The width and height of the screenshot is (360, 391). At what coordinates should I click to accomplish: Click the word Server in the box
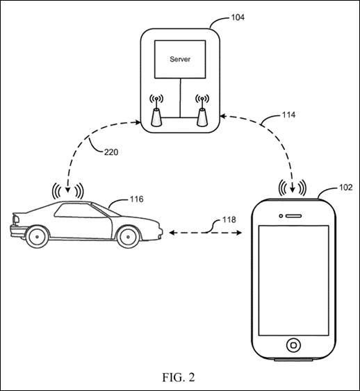pyautogui.click(x=180, y=59)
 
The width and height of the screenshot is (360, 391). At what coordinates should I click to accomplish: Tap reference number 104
pyautogui.click(x=238, y=17)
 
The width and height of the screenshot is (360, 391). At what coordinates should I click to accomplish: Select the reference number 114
pyautogui.click(x=288, y=115)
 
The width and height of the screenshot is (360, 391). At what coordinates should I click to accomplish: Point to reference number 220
pyautogui.click(x=111, y=152)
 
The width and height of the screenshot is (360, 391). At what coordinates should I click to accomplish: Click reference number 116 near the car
pyautogui.click(x=136, y=199)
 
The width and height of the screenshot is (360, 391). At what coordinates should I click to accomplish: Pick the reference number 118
pyautogui.click(x=229, y=219)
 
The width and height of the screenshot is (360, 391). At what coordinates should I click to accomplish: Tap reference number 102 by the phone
pyautogui.click(x=346, y=188)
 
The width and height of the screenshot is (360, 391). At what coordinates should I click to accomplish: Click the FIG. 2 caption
pyautogui.click(x=179, y=377)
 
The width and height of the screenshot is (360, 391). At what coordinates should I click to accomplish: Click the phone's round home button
pyautogui.click(x=293, y=345)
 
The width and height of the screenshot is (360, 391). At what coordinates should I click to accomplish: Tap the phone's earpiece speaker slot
pyautogui.click(x=293, y=216)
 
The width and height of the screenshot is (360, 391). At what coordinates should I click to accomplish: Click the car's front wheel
pyautogui.click(x=128, y=237)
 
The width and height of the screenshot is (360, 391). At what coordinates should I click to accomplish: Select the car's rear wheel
pyautogui.click(x=37, y=237)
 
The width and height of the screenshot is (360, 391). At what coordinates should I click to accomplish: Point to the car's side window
pyautogui.click(x=80, y=210)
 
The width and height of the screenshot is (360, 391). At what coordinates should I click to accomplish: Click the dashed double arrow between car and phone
pyautogui.click(x=205, y=233)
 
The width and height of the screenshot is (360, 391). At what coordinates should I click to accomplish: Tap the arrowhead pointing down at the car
pyautogui.click(x=68, y=190)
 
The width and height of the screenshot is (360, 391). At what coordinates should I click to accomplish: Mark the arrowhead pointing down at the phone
pyautogui.click(x=293, y=190)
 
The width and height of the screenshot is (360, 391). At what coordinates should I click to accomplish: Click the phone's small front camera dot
pyautogui.click(x=281, y=216)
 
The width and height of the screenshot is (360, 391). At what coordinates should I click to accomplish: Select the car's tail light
pyautogui.click(x=16, y=219)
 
